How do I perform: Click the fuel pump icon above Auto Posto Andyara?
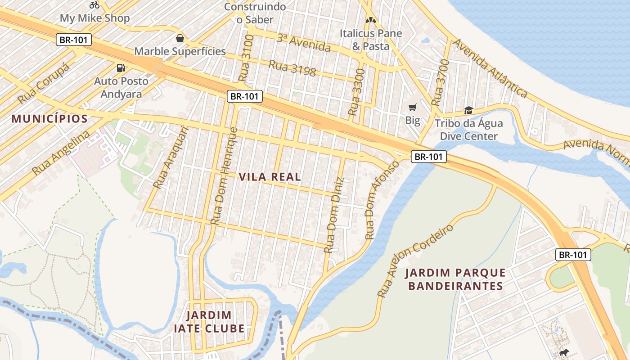point(121,68)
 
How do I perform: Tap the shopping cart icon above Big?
point(412,107)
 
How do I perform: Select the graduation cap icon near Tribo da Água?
point(468,110)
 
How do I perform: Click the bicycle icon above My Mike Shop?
point(94,5)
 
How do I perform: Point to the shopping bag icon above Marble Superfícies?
point(180,38)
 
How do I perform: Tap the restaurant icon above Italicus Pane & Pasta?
point(370,20)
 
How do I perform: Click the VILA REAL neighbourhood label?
point(270,177)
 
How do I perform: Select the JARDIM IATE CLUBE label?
point(209,322)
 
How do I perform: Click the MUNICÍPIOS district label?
point(49,119)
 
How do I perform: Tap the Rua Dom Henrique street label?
point(224,175)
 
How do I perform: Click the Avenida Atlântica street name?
point(490,68)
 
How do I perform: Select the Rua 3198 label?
point(292,67)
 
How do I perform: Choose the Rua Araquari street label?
point(171,157)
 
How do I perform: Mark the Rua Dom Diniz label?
point(335,215)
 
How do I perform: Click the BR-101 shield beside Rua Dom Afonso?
point(428,157)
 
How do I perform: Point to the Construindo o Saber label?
point(255,13)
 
